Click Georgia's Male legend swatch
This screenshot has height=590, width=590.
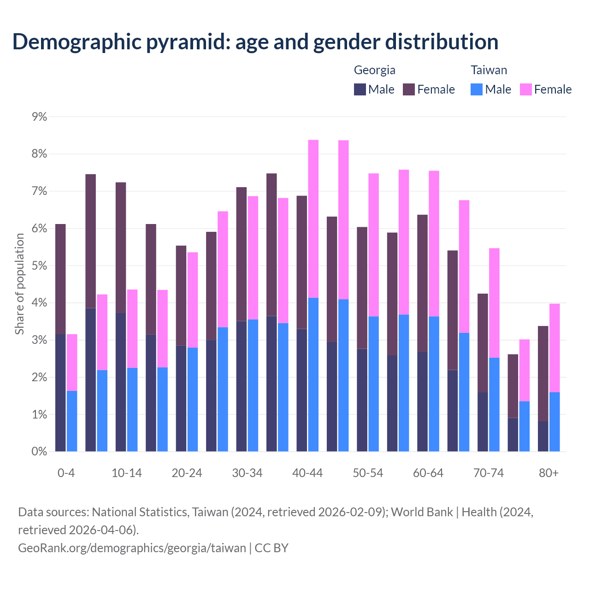coord(360,89)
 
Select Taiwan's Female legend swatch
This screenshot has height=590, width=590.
coord(525,89)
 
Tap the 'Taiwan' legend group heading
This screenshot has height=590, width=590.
coord(489,70)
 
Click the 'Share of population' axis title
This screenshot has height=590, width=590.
coord(19,284)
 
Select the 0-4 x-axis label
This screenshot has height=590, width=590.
coord(66,473)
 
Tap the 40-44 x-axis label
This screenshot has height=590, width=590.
coord(307,473)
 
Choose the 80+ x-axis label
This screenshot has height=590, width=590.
coord(549,473)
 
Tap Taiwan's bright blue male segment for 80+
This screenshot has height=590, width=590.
coord(555,422)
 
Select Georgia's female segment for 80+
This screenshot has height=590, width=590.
coord(543,373)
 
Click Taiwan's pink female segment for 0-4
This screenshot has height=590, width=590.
coord(72,362)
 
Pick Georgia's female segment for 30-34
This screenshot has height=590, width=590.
coord(242,254)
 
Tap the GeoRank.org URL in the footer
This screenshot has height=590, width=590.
coord(132,548)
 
